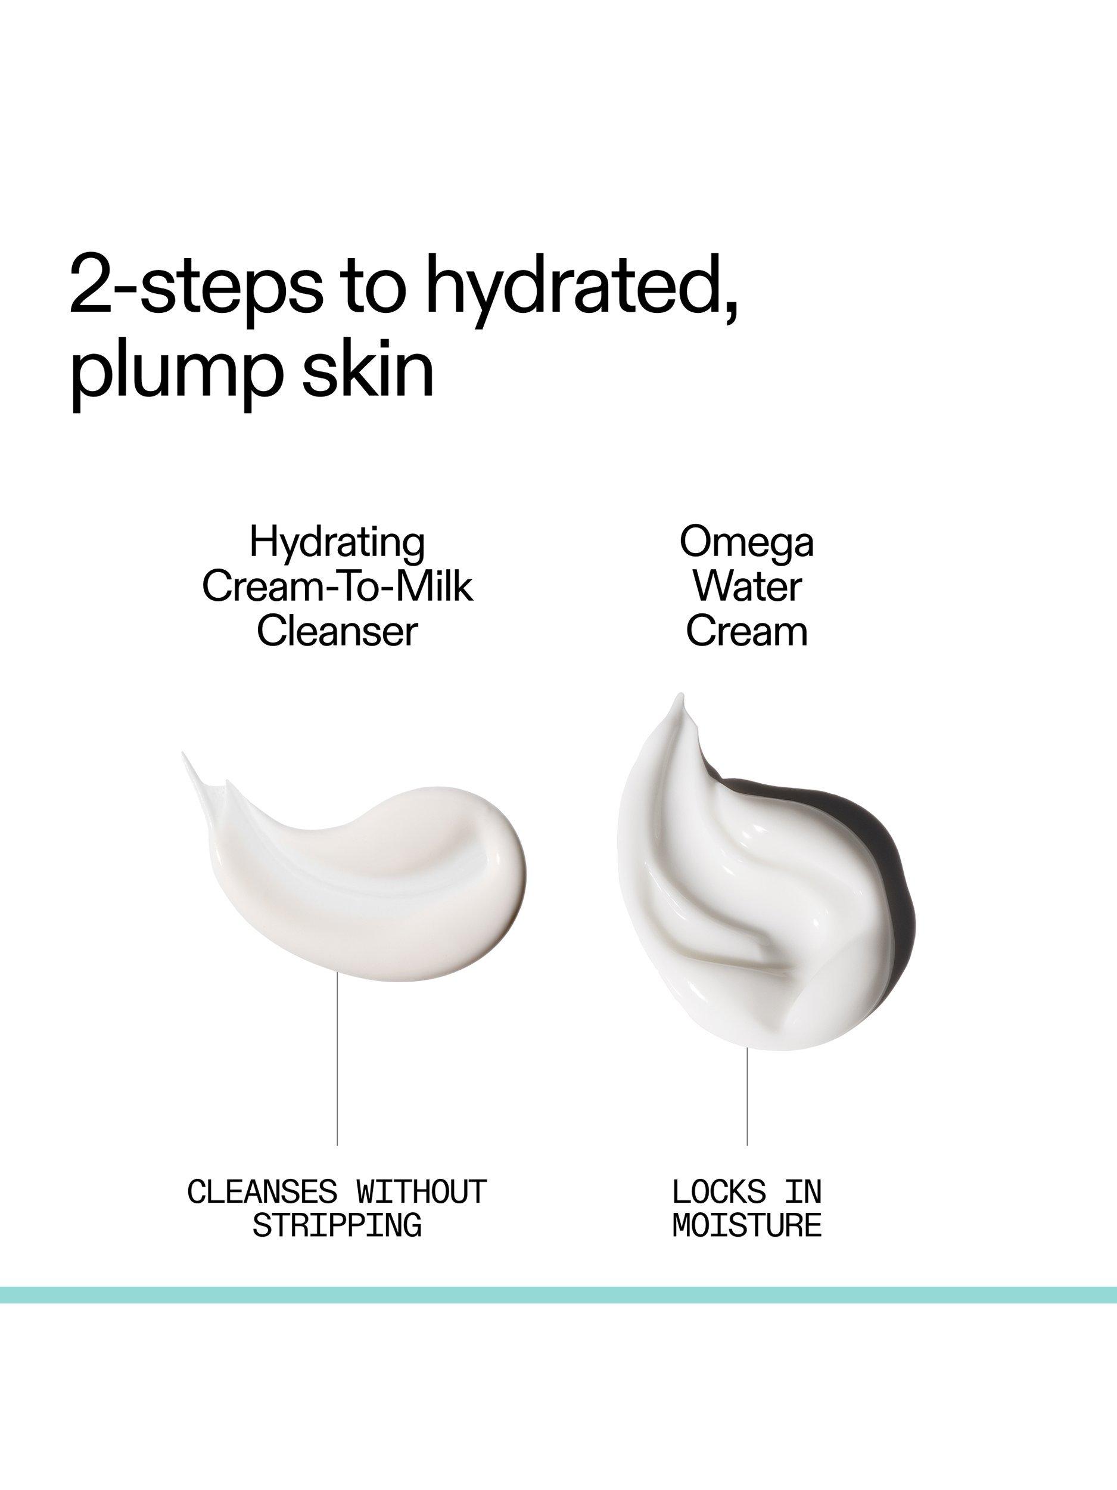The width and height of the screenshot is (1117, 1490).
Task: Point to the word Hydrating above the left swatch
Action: pyautogui.click(x=337, y=543)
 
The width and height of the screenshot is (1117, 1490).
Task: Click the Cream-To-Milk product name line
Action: pyautogui.click(x=337, y=586)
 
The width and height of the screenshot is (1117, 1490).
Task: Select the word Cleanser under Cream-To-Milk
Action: pyautogui.click(x=337, y=631)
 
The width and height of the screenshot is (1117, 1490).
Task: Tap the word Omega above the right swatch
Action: pyautogui.click(x=746, y=543)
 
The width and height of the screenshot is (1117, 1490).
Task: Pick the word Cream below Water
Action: pyautogui.click(x=746, y=631)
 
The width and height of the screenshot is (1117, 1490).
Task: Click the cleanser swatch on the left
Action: pyautogui.click(x=377, y=876)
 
